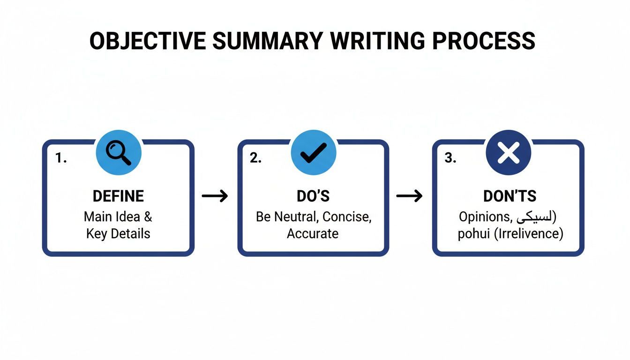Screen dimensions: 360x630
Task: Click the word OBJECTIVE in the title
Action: (147, 41)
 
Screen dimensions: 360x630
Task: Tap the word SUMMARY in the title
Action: (267, 41)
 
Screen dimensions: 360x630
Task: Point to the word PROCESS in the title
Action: (484, 41)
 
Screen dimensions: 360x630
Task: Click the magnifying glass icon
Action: (119, 153)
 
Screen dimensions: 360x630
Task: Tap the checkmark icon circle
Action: (313, 153)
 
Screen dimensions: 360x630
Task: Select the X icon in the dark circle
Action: (509, 153)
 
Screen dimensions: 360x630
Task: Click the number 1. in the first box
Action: (61, 158)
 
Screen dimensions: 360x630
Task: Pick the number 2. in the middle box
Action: (255, 158)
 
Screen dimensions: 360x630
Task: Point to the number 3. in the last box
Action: (450, 158)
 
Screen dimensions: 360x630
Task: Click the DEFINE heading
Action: (118, 196)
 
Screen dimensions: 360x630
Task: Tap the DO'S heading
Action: (313, 196)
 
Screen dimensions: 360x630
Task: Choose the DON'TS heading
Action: (510, 196)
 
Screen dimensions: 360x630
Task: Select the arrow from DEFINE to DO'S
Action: (215, 196)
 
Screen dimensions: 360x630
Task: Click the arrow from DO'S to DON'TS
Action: (409, 196)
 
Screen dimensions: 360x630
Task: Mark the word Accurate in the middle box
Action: (313, 233)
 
